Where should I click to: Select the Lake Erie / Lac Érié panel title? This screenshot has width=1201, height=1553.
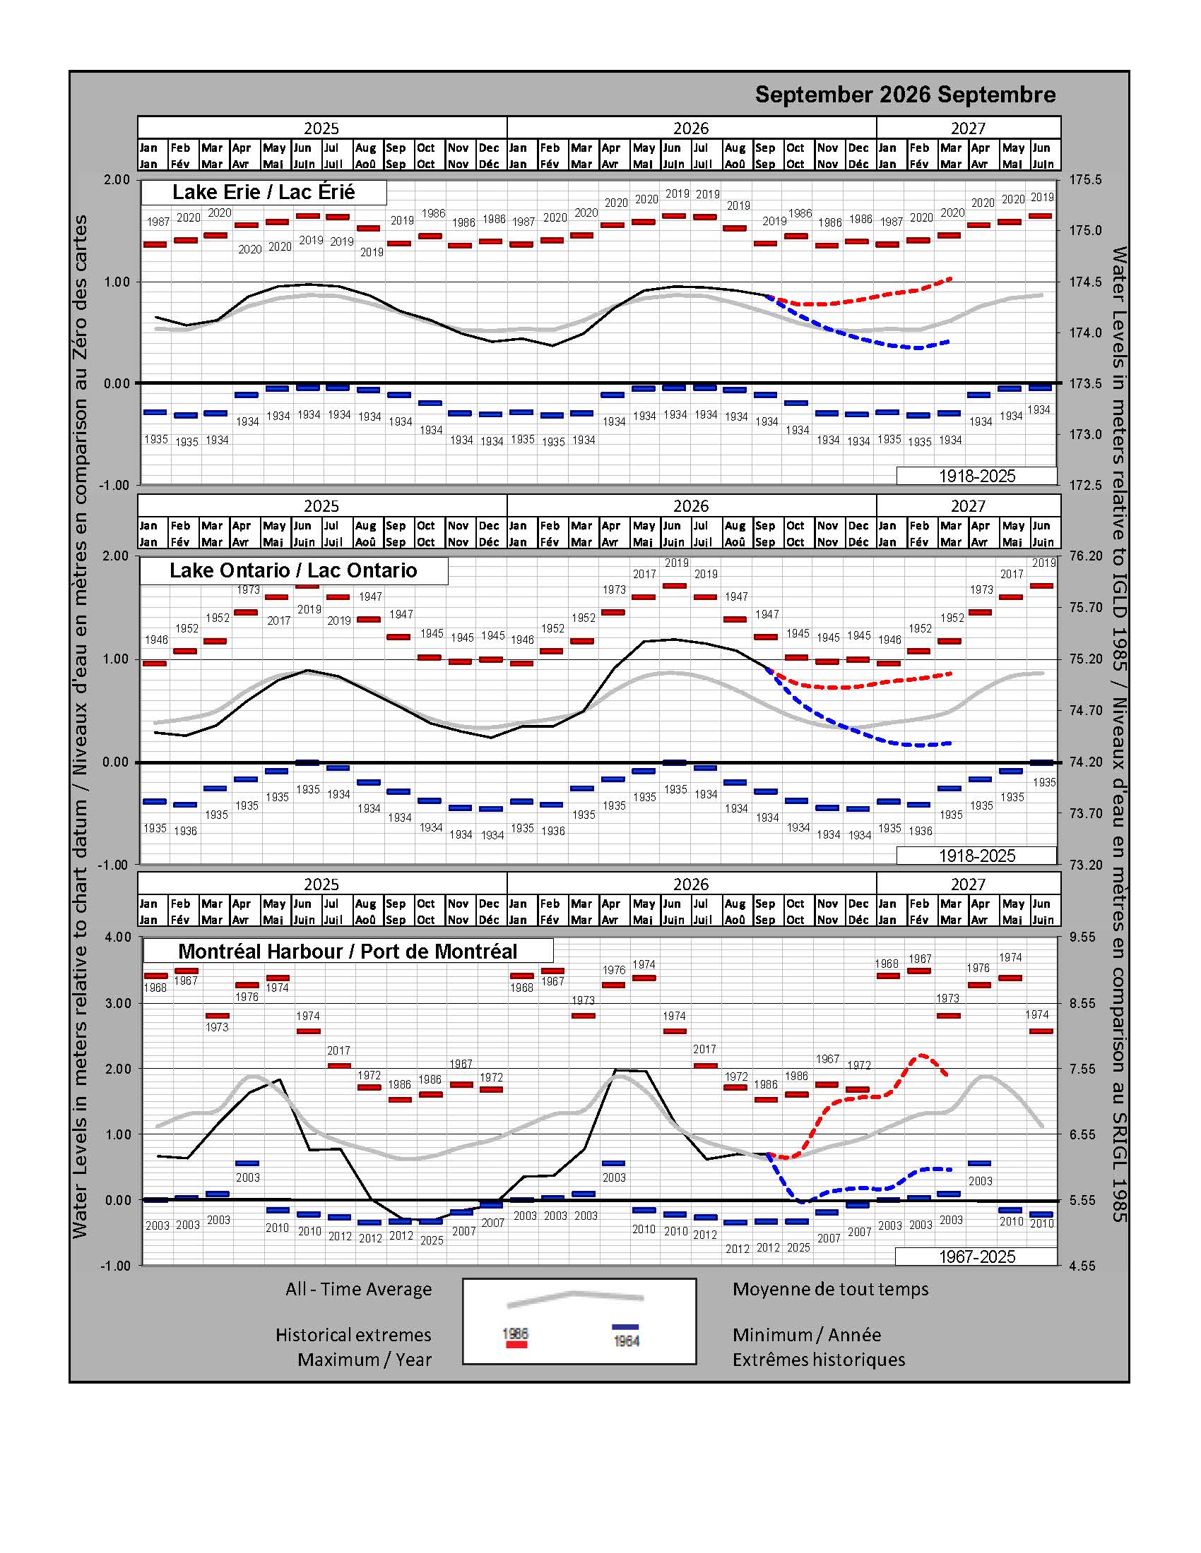click(264, 192)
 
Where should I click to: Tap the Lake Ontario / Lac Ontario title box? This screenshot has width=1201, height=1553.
click(293, 570)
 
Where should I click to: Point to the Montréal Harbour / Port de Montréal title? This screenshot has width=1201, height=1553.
click(348, 952)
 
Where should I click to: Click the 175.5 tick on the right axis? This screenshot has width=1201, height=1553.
click(1086, 180)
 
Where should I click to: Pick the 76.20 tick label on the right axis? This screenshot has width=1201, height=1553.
click(1086, 556)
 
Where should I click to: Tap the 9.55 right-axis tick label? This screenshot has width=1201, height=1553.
click(1083, 937)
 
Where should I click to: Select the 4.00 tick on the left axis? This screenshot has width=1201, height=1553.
click(118, 937)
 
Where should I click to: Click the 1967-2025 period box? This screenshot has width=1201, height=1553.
click(976, 1257)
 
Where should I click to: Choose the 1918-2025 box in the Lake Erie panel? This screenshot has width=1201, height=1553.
click(976, 476)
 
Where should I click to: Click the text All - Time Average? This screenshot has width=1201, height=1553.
click(359, 1289)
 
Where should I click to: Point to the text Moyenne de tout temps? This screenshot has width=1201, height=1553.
click(830, 1289)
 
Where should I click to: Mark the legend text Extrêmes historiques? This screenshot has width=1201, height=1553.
click(819, 1360)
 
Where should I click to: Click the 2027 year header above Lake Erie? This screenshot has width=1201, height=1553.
click(969, 128)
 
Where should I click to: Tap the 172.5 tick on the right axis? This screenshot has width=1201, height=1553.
click(1086, 486)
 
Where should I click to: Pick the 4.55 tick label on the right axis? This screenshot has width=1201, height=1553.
click(1083, 1266)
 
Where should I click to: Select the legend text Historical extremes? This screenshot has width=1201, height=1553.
click(354, 1335)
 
